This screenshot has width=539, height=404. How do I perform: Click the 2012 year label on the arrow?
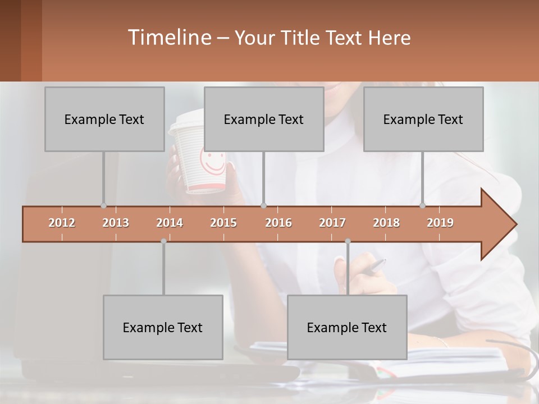click(x=62, y=223)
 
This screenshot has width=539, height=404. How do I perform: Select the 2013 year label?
click(x=116, y=223)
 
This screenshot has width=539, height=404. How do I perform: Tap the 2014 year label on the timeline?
click(x=170, y=223)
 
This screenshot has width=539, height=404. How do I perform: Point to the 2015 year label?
click(x=223, y=223)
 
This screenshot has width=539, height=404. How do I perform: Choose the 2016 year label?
click(x=278, y=223)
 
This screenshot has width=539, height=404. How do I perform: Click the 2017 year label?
click(x=332, y=223)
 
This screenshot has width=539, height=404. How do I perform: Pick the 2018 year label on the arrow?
click(x=386, y=223)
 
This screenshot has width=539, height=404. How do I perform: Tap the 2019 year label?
click(x=440, y=223)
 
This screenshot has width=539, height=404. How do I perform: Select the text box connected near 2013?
click(x=104, y=119)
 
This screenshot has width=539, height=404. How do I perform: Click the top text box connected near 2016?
click(x=264, y=119)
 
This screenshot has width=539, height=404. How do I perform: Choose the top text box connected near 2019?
click(x=423, y=119)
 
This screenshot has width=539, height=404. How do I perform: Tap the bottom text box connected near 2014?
click(x=163, y=327)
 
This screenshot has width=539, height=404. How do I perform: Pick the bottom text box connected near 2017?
click(x=347, y=327)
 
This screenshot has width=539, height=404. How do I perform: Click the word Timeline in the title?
click(x=168, y=38)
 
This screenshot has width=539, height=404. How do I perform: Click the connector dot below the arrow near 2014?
click(x=163, y=241)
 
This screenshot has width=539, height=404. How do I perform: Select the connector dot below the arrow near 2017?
click(x=348, y=241)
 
